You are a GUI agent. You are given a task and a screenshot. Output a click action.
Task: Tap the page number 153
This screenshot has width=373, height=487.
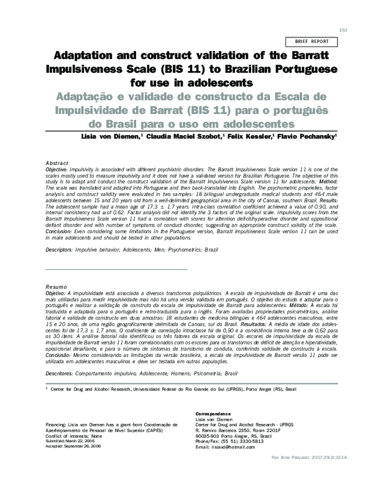342,30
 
